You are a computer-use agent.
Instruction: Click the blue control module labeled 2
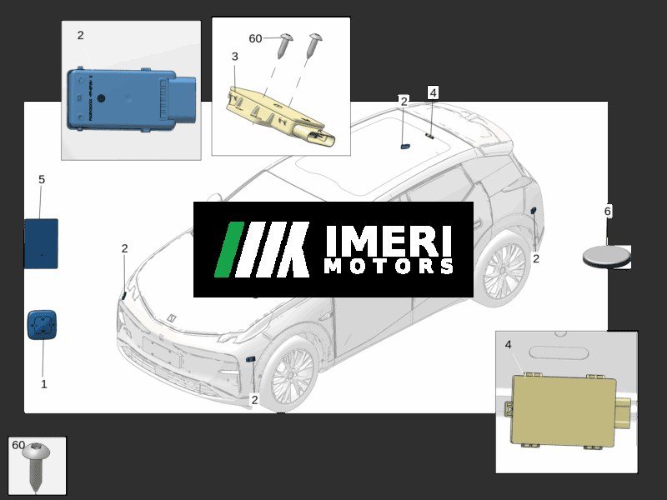[131, 99]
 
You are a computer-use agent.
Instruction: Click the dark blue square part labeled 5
[41, 243]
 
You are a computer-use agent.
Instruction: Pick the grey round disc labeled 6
[607, 257]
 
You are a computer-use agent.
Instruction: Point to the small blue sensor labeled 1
[43, 325]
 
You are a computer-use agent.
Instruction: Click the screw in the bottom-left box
[36, 466]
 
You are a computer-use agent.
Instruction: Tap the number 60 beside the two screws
[255, 38]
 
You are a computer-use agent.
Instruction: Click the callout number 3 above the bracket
[235, 57]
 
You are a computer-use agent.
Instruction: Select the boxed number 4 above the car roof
[433, 92]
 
